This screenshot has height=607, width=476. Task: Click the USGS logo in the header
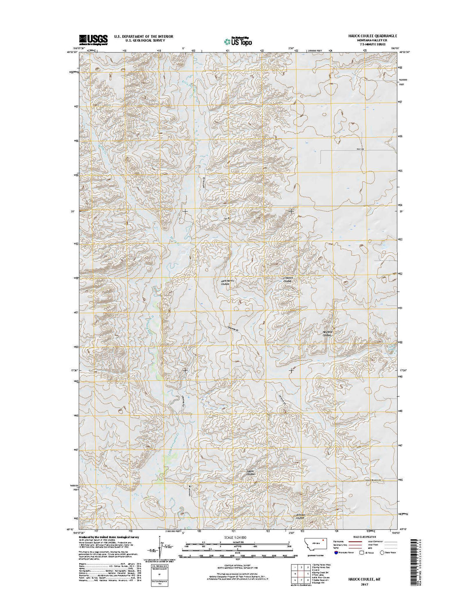93,39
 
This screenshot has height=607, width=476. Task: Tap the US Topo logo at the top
238,41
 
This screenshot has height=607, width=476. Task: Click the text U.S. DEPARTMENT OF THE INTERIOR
143,37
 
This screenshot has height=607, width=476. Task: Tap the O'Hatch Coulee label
287,279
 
